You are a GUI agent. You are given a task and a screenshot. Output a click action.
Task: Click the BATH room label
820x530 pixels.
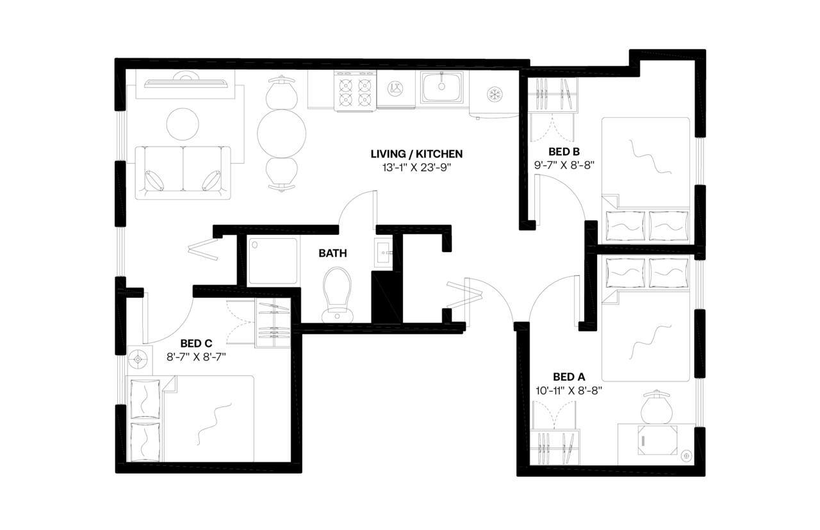(x=332, y=253)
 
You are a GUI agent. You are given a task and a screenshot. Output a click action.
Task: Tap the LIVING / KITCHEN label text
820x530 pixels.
(x=416, y=154)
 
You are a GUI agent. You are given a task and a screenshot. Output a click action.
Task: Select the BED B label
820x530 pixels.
(x=564, y=152)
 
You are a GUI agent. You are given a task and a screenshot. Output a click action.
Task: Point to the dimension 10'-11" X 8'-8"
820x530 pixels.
(x=569, y=389)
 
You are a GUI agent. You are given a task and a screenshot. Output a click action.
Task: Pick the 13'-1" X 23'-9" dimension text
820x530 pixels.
(x=416, y=168)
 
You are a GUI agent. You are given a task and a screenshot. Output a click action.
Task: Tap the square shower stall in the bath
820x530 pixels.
(x=272, y=261)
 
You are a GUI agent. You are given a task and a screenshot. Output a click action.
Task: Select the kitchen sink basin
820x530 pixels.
(x=441, y=87)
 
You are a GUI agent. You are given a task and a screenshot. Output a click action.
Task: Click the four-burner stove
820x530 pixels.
(x=355, y=92)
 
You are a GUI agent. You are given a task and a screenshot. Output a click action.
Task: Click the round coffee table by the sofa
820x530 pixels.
(x=182, y=124)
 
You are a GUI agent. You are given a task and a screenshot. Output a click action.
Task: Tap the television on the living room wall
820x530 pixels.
(x=185, y=81)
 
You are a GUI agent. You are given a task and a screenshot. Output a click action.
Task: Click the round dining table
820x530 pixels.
(x=281, y=133)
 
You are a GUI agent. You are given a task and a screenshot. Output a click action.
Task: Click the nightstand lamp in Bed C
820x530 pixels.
(x=138, y=360)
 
